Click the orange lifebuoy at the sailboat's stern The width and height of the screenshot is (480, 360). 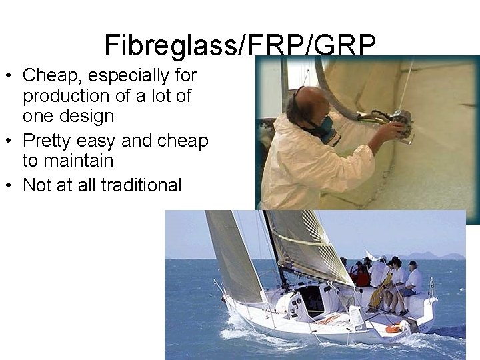coord(393,328)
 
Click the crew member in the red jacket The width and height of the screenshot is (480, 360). coord(362,275)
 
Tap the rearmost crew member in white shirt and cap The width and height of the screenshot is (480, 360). coord(413,279)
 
